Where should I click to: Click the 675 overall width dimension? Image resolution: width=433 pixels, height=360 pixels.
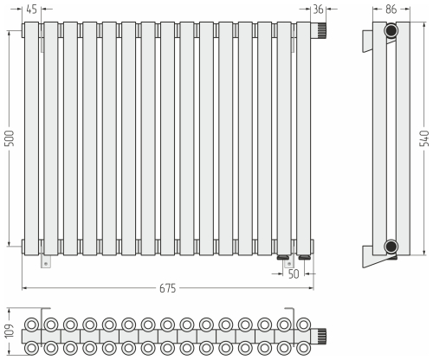click(167, 288)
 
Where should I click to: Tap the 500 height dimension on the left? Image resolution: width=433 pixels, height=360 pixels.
click(10, 138)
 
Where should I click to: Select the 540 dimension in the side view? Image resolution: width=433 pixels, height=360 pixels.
click(423, 138)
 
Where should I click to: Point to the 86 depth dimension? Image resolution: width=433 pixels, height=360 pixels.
click(391, 10)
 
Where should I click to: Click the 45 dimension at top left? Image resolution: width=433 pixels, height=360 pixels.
click(31, 10)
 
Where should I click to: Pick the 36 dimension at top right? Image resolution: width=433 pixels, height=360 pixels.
click(318, 10)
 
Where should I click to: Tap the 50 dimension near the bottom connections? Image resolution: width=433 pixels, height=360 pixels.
click(294, 274)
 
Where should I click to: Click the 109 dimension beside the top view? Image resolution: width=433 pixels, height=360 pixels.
click(10, 331)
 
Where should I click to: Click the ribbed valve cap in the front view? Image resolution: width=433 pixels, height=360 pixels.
click(322, 30)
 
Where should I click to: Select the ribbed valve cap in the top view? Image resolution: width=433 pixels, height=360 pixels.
click(322, 337)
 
